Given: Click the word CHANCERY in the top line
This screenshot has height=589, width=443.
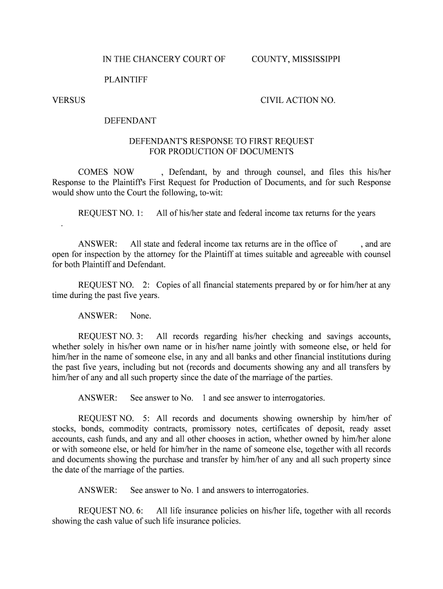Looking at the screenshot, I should tap(158, 59).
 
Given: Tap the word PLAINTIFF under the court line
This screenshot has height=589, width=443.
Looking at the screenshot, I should tap(125, 80).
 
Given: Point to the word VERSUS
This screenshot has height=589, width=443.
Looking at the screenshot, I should tap(68, 100).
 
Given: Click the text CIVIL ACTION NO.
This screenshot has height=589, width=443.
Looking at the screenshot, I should tap(297, 100).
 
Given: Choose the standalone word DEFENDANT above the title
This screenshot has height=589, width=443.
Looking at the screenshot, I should tap(130, 121).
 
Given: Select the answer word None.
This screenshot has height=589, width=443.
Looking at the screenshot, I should tap(140, 316).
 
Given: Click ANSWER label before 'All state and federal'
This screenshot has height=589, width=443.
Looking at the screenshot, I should tap(98, 244).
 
